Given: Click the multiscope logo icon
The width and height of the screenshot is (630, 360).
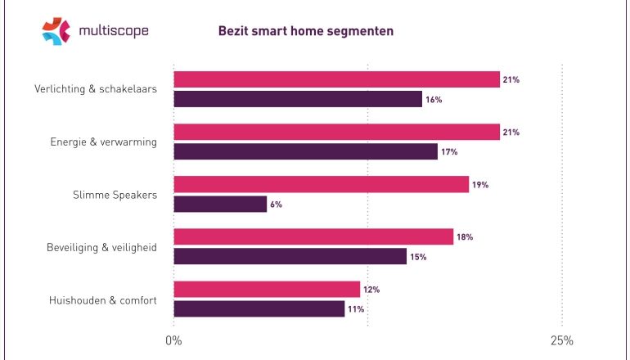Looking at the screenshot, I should click(56, 31).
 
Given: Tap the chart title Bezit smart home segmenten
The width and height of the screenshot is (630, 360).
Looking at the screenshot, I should click(305, 32).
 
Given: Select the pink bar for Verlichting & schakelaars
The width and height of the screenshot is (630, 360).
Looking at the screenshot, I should click(336, 79).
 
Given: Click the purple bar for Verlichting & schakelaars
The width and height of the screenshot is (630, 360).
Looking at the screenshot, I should click(298, 99).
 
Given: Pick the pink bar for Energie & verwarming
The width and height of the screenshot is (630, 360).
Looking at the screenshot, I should click(336, 132).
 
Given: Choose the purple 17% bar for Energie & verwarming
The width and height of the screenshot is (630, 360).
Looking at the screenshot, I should click(305, 151).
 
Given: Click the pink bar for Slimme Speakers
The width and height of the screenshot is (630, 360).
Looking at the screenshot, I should click(321, 184).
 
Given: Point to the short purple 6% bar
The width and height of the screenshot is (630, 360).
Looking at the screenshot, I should click(220, 204).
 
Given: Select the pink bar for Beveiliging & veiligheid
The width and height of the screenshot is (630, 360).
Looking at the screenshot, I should click(313, 236).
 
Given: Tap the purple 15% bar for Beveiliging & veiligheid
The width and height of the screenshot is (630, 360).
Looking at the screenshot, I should click(290, 256).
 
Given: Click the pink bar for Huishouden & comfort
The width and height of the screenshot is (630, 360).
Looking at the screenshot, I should click(267, 289).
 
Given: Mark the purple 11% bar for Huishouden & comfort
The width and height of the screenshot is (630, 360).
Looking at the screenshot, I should click(259, 308).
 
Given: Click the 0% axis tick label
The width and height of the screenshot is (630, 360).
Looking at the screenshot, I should click(173, 340).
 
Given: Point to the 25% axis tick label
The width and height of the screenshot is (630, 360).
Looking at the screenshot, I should click(561, 340).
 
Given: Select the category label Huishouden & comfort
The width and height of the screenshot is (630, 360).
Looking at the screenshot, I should click(102, 299).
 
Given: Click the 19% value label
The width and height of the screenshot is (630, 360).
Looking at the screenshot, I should click(480, 185).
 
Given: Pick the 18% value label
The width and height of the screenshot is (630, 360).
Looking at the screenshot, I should click(465, 237).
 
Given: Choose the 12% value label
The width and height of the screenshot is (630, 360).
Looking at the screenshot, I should click(371, 290).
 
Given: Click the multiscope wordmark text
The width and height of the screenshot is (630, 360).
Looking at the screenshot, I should click(114, 32).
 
